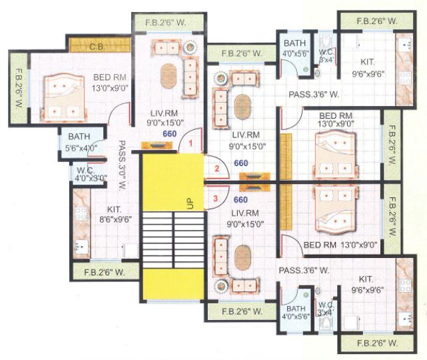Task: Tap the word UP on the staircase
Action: (190, 203)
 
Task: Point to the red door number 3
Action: (214, 198)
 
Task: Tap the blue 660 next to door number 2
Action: (240, 163)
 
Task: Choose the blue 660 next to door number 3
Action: (240, 199)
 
